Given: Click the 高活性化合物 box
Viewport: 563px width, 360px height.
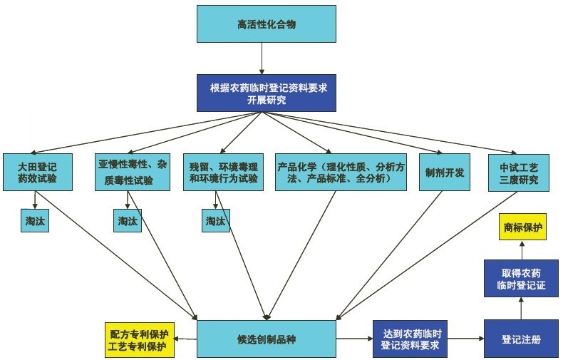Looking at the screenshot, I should click(266, 24).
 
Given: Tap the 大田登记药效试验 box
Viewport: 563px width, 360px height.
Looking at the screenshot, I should click(37, 171).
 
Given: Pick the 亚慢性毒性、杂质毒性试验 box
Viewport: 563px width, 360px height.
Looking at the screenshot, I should click(133, 171).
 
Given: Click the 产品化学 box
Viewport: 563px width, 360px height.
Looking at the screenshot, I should click(341, 171).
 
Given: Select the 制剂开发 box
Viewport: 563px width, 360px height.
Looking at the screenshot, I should click(445, 172).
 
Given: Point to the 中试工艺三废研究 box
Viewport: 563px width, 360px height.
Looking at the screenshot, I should click(519, 171).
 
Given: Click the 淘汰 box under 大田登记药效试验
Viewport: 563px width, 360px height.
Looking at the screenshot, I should click(34, 221).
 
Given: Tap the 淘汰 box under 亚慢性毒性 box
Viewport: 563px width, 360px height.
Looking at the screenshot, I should click(126, 221).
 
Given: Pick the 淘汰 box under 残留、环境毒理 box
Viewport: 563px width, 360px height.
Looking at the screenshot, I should click(217, 221).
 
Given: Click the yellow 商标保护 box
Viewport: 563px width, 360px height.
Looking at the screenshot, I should click(522, 228).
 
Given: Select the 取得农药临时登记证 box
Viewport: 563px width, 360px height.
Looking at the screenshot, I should click(520, 278).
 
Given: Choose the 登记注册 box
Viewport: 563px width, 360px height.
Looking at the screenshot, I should click(521, 339).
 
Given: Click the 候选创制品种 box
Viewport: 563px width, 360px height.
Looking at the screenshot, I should click(266, 339).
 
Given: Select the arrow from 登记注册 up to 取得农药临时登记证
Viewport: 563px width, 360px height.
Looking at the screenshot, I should click(521, 309).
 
